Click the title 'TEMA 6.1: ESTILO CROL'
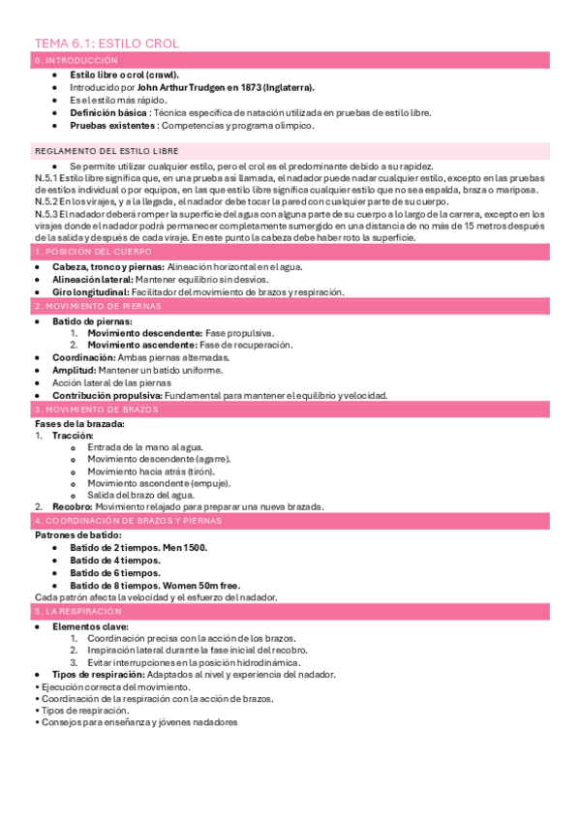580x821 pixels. pos(107,44)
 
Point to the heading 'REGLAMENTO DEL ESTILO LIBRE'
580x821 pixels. pos(106,151)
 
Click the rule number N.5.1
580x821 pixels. pos(46,178)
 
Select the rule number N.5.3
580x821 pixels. pos(46,213)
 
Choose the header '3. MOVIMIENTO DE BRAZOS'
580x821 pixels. pos(90,410)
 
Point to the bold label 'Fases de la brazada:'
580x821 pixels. pos(79,423)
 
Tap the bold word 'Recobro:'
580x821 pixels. pos(72,506)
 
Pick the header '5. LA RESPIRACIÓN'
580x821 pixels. pos(78,612)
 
